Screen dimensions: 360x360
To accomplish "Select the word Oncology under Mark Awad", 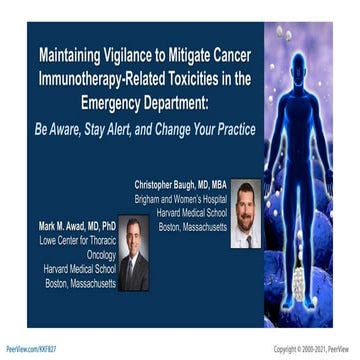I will (x=96, y=255).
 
